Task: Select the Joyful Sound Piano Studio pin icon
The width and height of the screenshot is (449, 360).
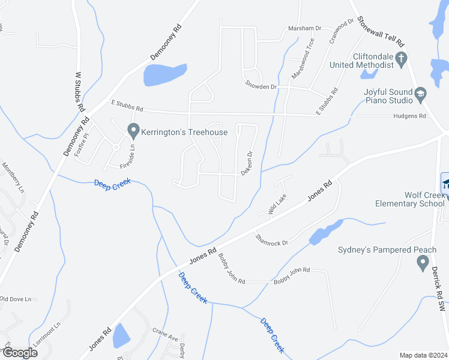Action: (421, 94)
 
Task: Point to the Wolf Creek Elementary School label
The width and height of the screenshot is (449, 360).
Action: (410, 199)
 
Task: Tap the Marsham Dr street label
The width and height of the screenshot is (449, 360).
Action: (306, 28)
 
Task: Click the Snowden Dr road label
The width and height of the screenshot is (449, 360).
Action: (261, 86)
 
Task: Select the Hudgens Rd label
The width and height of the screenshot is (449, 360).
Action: (409, 116)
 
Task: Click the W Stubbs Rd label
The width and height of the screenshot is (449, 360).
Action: (79, 91)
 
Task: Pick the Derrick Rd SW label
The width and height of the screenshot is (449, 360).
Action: (440, 290)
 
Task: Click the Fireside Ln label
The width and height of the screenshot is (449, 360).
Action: (133, 155)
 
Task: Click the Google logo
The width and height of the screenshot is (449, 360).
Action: (19, 352)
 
